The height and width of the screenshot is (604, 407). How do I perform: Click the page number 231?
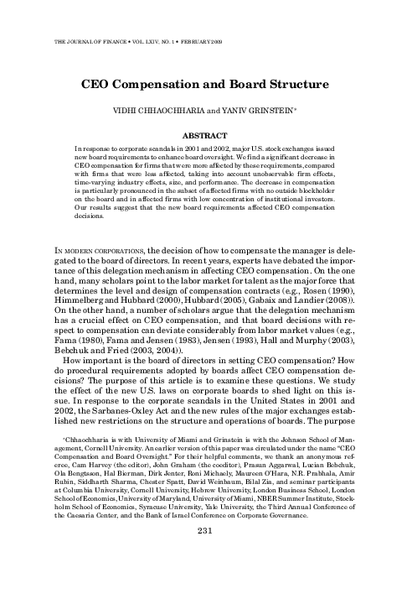[203, 577]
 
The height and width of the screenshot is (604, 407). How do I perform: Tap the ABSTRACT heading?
[203, 133]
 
